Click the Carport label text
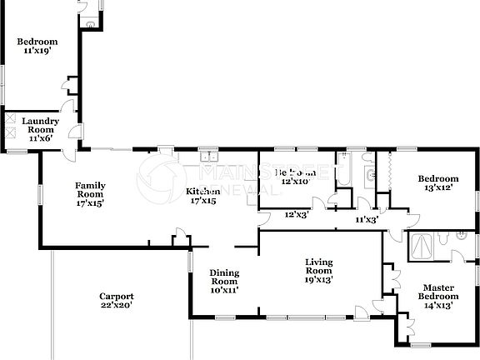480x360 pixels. (117, 296)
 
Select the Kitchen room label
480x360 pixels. (202, 191)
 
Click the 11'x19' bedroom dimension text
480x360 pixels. (37, 51)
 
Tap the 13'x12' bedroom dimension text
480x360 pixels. (437, 187)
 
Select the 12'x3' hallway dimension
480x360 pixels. (297, 214)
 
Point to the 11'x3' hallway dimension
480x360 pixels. (367, 220)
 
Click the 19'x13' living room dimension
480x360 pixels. (318, 280)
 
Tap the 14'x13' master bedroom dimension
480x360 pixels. (437, 305)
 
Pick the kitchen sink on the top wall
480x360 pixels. (207, 155)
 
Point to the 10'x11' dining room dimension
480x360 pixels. (224, 290)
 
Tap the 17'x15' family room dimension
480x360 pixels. (90, 202)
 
